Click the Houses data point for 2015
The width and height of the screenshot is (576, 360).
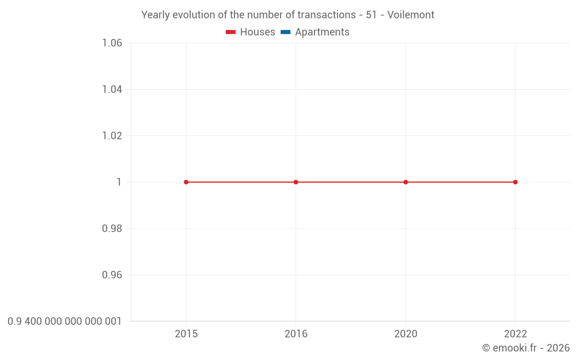pos(186,182)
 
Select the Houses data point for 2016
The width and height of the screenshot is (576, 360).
pos(296,182)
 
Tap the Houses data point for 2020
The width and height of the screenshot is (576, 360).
pos(406,182)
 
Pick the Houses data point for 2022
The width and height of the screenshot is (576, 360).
pos(516,182)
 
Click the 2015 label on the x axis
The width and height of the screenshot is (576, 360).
pos(186,334)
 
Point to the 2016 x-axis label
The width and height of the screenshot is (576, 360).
pos(296,334)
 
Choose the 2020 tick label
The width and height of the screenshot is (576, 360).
pos(406,334)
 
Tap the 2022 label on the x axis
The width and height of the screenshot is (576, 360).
pos(516,334)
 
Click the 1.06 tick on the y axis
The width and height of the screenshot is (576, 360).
pos(112,43)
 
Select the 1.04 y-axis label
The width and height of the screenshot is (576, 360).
pos(112,89)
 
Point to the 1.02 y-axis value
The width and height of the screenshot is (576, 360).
pos(112,136)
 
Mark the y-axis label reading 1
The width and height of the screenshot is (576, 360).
pos(119,182)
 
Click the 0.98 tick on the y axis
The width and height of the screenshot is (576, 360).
pos(112,229)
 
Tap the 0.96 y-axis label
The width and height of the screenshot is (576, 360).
pos(112,275)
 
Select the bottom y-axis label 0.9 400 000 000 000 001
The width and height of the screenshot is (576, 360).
pos(65,321)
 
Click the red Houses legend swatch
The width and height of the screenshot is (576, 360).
pos(231,32)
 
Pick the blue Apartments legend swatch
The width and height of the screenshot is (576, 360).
pos(286,32)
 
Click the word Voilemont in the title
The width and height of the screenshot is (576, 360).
pos(411,15)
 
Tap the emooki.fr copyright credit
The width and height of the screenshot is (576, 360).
pos(526,348)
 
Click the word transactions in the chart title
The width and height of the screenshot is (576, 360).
pos(326,15)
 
